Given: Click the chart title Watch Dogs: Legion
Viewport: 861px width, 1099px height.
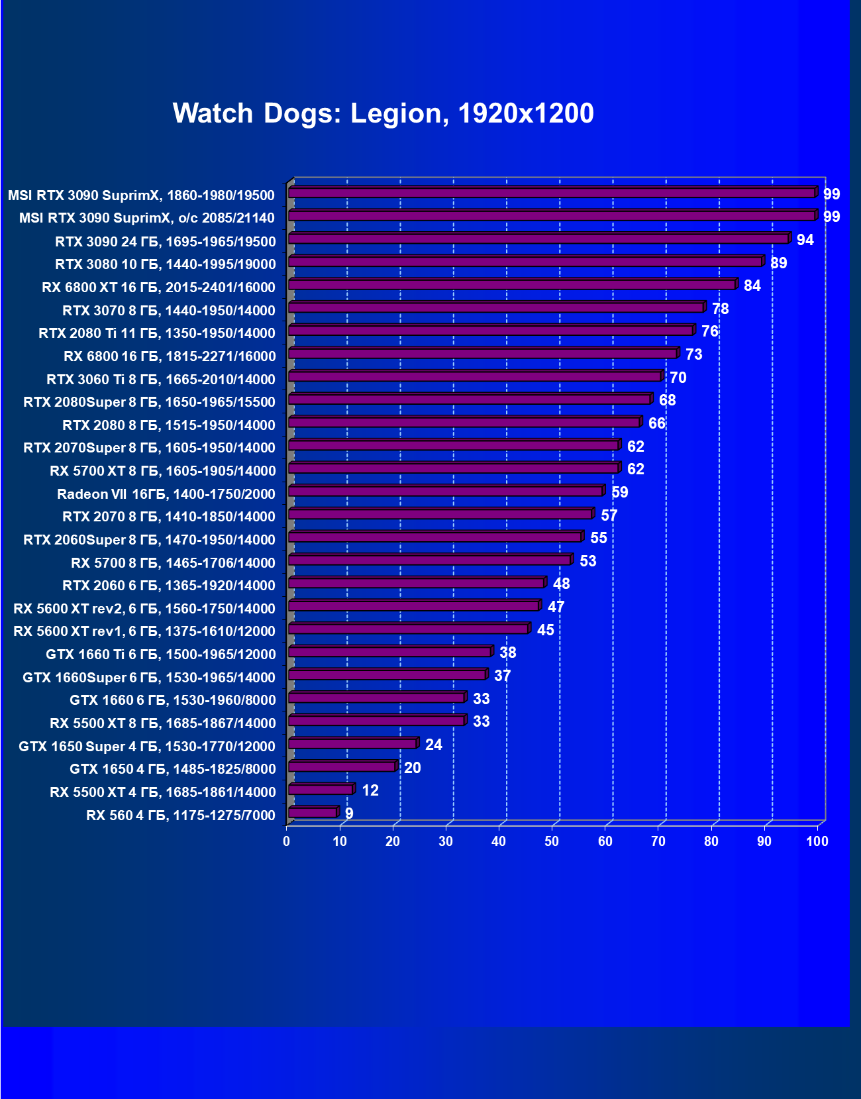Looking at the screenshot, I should pyautogui.click(x=383, y=113).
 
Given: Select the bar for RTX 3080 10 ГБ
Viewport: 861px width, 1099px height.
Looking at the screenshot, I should pyautogui.click(x=525, y=262).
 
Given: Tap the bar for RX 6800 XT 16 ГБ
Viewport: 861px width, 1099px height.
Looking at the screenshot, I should pyautogui.click(x=512, y=285).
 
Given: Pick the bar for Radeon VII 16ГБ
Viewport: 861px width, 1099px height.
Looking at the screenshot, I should pyautogui.click(x=446, y=492).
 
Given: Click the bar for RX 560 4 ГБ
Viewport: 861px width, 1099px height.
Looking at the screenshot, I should pyautogui.click(x=313, y=813).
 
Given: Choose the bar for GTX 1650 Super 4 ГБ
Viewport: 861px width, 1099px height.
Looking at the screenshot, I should pyautogui.click(x=352, y=744).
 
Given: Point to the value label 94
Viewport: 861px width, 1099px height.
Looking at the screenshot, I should pyautogui.click(x=805, y=240).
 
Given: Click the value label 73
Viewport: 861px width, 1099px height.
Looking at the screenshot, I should pyautogui.click(x=693, y=354).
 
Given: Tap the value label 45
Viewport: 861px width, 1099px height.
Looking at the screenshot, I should pyautogui.click(x=545, y=630).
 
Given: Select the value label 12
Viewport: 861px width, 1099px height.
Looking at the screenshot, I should pyautogui.click(x=370, y=790).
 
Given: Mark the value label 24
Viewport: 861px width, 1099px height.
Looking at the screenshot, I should pyautogui.click(x=433, y=745).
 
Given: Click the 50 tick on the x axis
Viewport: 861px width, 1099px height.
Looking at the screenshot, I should pyautogui.click(x=552, y=841).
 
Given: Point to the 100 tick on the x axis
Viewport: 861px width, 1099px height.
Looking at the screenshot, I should pyautogui.click(x=817, y=841).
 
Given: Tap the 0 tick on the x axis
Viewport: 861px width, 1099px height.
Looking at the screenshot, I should pyautogui.click(x=286, y=841).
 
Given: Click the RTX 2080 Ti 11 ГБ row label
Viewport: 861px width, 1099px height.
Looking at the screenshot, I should pyautogui.click(x=157, y=333).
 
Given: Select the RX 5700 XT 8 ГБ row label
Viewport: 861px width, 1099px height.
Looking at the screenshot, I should pyautogui.click(x=162, y=471).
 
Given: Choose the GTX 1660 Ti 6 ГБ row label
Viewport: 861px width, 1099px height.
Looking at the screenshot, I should pyautogui.click(x=160, y=654).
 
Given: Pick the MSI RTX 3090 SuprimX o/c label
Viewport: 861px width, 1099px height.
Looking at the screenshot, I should pyautogui.click(x=146, y=218).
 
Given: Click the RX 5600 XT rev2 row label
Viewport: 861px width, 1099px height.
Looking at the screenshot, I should pyautogui.click(x=144, y=609).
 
